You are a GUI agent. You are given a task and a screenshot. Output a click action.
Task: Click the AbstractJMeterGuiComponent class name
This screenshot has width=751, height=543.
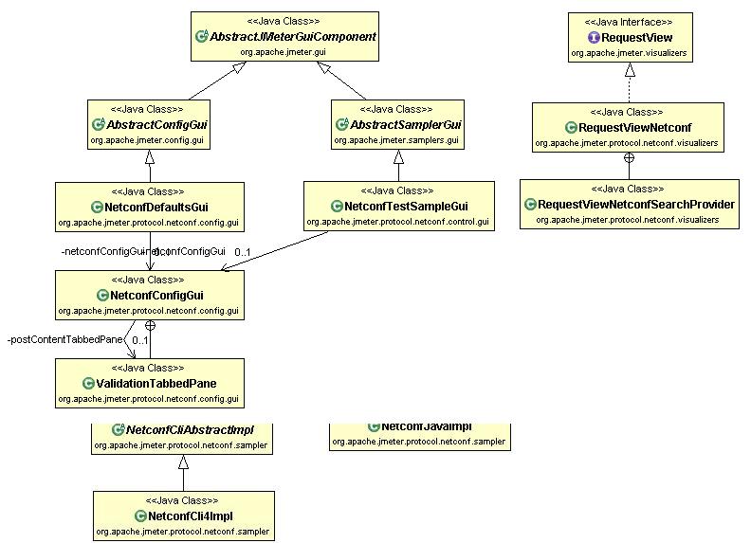[293, 37]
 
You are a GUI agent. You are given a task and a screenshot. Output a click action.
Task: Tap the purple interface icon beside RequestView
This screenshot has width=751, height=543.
[594, 37]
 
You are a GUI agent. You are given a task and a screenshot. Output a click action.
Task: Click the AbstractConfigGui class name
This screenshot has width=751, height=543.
[156, 125]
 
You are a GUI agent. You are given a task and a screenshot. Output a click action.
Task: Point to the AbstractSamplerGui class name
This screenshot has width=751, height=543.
[405, 125]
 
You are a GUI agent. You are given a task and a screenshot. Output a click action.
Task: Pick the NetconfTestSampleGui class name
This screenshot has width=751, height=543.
[406, 207]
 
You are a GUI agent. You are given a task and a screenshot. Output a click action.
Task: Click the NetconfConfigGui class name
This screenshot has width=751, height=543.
[156, 296]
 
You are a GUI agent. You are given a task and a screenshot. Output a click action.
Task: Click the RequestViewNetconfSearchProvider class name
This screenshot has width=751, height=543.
[635, 205]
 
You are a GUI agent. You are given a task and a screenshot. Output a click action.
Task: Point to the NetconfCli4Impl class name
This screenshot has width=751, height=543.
[191, 516]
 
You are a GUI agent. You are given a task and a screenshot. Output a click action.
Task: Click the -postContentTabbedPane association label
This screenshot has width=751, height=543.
[58, 339]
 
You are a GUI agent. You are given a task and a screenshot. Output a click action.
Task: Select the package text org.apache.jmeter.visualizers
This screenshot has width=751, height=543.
[629, 53]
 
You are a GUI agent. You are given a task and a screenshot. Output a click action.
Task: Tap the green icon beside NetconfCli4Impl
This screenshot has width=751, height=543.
[139, 516]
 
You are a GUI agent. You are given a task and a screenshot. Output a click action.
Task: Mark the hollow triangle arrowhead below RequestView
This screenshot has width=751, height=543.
[629, 69]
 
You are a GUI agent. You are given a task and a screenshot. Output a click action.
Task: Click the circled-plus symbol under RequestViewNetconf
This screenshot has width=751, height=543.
[629, 157]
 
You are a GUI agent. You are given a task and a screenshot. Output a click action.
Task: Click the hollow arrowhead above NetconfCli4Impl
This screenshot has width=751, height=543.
[184, 461]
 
